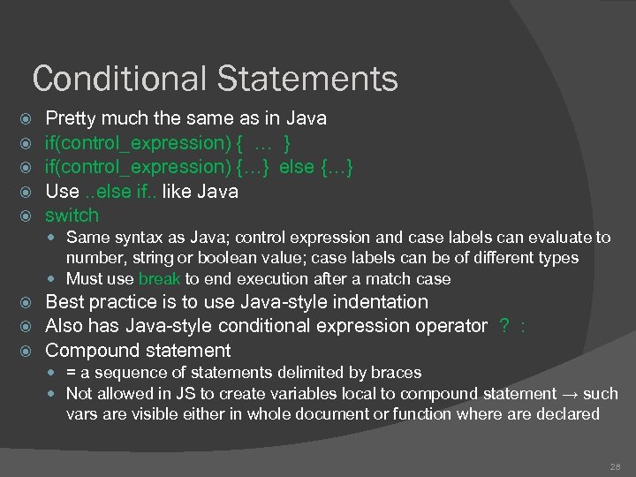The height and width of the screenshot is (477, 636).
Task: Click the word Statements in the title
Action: point(307,79)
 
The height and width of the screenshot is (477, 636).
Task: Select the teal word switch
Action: point(72,216)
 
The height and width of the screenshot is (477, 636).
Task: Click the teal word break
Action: point(160,279)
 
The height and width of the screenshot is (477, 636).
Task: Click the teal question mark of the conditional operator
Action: point(503,326)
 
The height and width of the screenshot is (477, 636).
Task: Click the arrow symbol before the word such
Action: point(571,393)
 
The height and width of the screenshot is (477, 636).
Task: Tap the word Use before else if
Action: point(62,191)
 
